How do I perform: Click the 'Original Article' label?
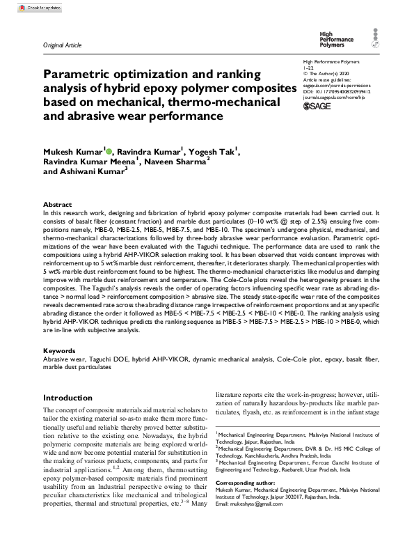click(62, 45)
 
